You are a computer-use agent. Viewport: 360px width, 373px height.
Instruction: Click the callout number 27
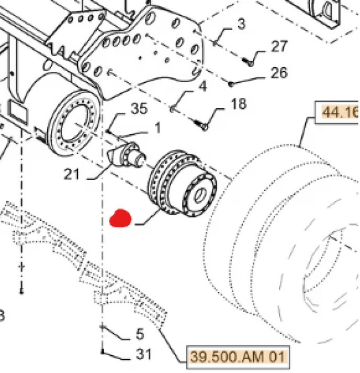click(x=279, y=46)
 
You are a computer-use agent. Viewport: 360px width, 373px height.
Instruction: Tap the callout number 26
click(x=279, y=72)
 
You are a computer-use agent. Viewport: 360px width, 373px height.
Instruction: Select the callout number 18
click(x=238, y=104)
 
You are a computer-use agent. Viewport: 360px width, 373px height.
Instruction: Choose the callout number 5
click(x=140, y=333)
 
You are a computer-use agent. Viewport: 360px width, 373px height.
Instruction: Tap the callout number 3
click(x=241, y=24)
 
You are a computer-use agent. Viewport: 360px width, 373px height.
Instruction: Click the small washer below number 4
click(x=174, y=109)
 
